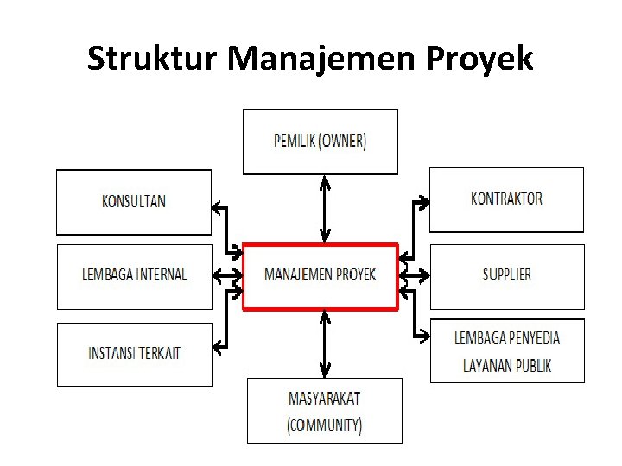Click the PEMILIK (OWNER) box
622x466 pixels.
tap(320, 142)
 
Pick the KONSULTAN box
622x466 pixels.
tap(134, 202)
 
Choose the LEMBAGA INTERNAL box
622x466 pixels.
tap(134, 276)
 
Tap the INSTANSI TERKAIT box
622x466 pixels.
tap(134, 354)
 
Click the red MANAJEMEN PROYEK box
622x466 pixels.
tap(320, 276)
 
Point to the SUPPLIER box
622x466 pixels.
tap(506, 276)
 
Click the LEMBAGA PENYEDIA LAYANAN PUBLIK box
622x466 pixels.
tap(507, 351)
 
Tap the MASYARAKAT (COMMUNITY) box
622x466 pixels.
tap(324, 411)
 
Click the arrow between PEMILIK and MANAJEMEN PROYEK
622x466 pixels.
tap(325, 209)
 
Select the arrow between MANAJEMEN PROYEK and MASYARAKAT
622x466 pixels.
tap(325, 343)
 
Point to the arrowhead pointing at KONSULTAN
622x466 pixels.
tap(217, 206)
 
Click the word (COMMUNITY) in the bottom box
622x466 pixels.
tap(324, 425)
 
